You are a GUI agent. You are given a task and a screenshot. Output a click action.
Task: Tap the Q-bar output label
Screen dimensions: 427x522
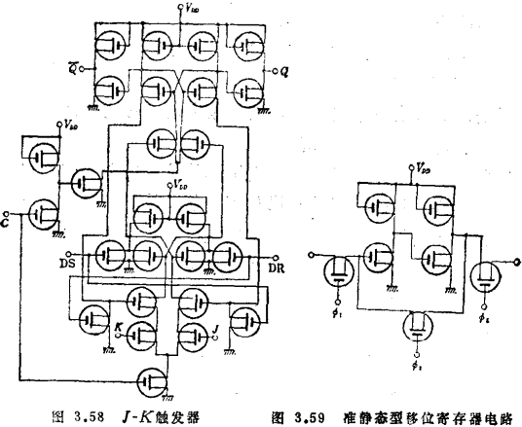[x=62, y=69]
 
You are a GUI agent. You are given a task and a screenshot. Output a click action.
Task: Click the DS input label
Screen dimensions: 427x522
[x=65, y=264]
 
